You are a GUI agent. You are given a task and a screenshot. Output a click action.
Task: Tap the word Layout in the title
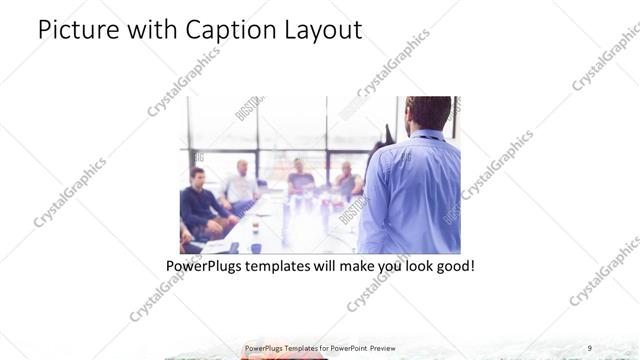coord(320,30)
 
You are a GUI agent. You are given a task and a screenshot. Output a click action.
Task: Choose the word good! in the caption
coord(452,268)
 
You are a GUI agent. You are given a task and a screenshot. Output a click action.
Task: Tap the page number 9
coord(589,348)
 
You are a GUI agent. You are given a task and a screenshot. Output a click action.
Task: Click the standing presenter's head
coord(429,113)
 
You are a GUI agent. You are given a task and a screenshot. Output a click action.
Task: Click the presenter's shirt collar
coord(426,135)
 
